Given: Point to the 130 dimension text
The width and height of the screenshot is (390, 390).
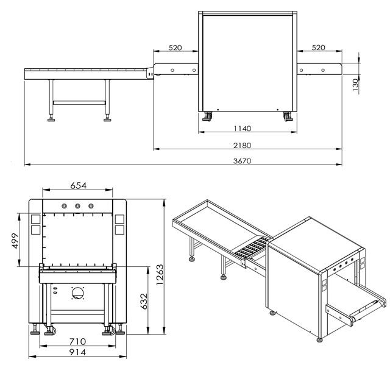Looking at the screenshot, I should click(x=355, y=85).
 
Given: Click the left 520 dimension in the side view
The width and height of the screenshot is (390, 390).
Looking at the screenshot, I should click(x=175, y=48).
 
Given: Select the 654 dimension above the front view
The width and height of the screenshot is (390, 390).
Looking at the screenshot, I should click(x=77, y=185).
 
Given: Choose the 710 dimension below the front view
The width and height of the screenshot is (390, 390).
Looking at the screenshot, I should click(x=77, y=341).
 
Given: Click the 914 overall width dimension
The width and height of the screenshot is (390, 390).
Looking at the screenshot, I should click(x=77, y=352).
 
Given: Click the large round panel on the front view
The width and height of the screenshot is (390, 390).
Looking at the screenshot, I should click(x=78, y=293).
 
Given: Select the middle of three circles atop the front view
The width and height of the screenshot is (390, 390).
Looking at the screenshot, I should click(x=77, y=206).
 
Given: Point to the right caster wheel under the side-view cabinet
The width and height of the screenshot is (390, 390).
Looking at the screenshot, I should click(x=286, y=115).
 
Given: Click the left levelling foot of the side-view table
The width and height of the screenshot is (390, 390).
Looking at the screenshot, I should click(x=51, y=118).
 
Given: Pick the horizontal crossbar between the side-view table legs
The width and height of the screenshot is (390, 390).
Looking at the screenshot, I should click(x=79, y=102).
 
